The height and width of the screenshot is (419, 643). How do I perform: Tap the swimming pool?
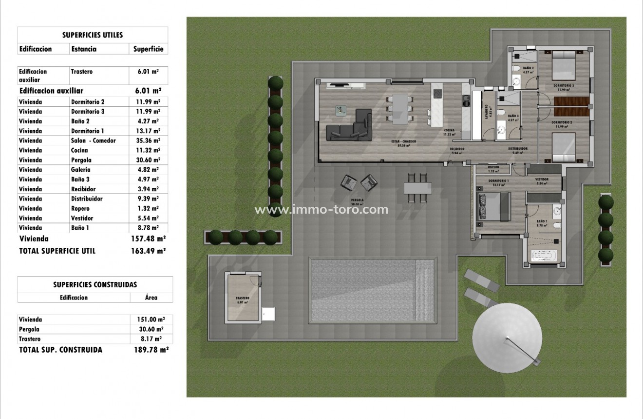click(372, 290)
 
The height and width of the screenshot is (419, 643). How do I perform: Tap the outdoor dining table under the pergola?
click(417, 188)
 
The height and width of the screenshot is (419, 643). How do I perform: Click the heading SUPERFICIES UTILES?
click(93, 35)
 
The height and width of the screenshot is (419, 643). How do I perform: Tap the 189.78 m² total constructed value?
click(151, 350)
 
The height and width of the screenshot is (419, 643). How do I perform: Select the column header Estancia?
click(84, 49)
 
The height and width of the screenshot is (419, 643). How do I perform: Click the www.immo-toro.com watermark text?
click(321, 210)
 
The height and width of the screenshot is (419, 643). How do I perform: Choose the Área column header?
click(151, 298)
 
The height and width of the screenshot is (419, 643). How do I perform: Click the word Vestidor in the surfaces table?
click(82, 218)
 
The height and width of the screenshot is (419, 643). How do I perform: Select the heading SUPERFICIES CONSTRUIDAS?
click(95, 284)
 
